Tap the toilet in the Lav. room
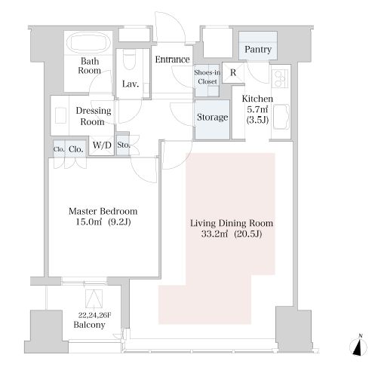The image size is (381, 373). [x=130, y=59]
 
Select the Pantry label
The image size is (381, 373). [x=258, y=49]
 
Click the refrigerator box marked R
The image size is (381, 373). [x=233, y=72]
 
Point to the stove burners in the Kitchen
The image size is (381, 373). [x=280, y=78]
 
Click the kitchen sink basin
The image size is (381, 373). [x=281, y=118]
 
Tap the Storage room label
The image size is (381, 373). [x=212, y=117]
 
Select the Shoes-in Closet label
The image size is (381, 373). [x=207, y=77]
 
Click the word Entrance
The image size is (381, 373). [x=172, y=60]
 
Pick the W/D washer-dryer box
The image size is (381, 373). [x=102, y=145]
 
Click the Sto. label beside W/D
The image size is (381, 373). [x=124, y=145]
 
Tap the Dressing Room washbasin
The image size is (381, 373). [x=60, y=115]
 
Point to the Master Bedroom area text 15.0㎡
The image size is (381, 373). [x=89, y=222]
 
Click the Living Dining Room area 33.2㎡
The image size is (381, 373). [x=214, y=234]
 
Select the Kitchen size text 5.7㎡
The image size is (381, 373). [x=257, y=109]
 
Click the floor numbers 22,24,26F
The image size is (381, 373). [x=94, y=315]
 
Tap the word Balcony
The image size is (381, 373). [x=89, y=325]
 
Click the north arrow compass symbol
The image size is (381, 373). [x=358, y=347]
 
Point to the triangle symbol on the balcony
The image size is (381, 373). [x=94, y=298]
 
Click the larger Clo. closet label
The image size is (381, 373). [x=75, y=149]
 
